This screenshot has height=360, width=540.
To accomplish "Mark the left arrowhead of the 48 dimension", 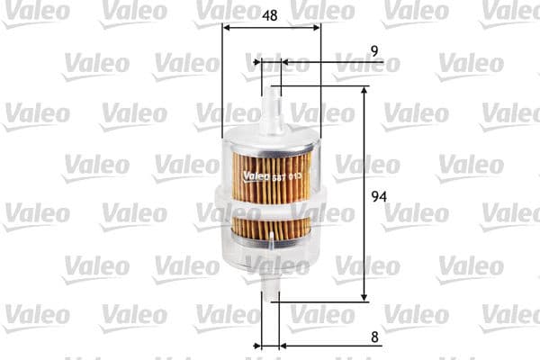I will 226,27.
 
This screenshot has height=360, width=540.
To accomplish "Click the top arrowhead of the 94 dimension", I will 364,91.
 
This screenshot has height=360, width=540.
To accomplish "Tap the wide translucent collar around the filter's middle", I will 271,202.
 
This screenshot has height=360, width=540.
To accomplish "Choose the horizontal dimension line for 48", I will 271,27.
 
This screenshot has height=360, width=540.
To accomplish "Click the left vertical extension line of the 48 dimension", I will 221,81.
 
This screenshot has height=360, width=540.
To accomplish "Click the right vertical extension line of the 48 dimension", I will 320,81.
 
